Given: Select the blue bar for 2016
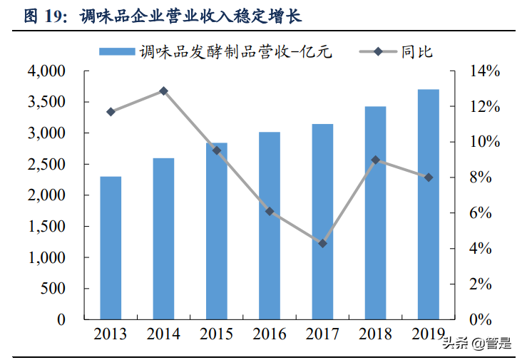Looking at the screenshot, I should [270, 225].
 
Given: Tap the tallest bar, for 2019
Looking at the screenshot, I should [429, 203].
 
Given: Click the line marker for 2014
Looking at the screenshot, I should [163, 91].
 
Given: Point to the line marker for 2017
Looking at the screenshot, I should [322, 244].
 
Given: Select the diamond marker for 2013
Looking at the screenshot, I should [111, 112].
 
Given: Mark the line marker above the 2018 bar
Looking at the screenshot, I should [376, 160].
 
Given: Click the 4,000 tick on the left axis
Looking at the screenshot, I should [46, 71].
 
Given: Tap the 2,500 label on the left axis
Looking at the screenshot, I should [46, 165].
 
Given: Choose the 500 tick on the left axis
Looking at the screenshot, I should [53, 289].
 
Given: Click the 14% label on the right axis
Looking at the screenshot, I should [484, 71].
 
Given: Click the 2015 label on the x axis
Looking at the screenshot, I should [217, 334].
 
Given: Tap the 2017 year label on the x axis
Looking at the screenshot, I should [322, 334].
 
